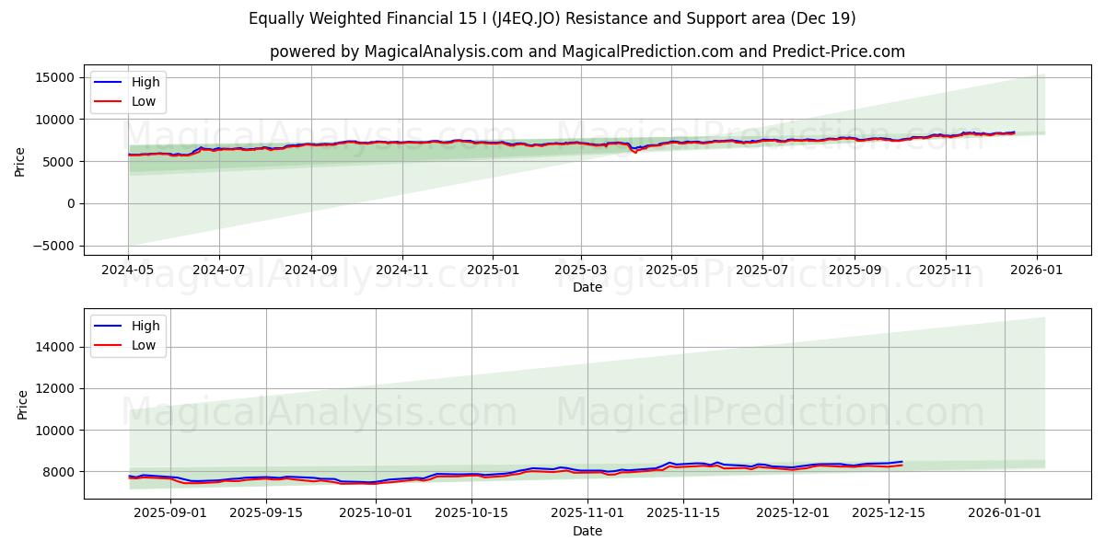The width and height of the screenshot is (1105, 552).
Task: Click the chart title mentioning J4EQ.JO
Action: pos(552,18)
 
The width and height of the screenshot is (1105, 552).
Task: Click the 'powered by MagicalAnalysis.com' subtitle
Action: pos(587,52)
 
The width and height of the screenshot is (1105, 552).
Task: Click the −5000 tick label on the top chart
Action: pos(52,246)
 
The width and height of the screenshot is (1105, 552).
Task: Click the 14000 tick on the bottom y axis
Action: pos(56,347)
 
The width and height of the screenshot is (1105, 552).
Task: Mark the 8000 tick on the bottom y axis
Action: pos(60,472)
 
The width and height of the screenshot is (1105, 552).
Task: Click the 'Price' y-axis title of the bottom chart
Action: pos(23,404)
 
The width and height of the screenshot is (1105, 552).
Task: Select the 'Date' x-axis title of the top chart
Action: pos(587,287)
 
